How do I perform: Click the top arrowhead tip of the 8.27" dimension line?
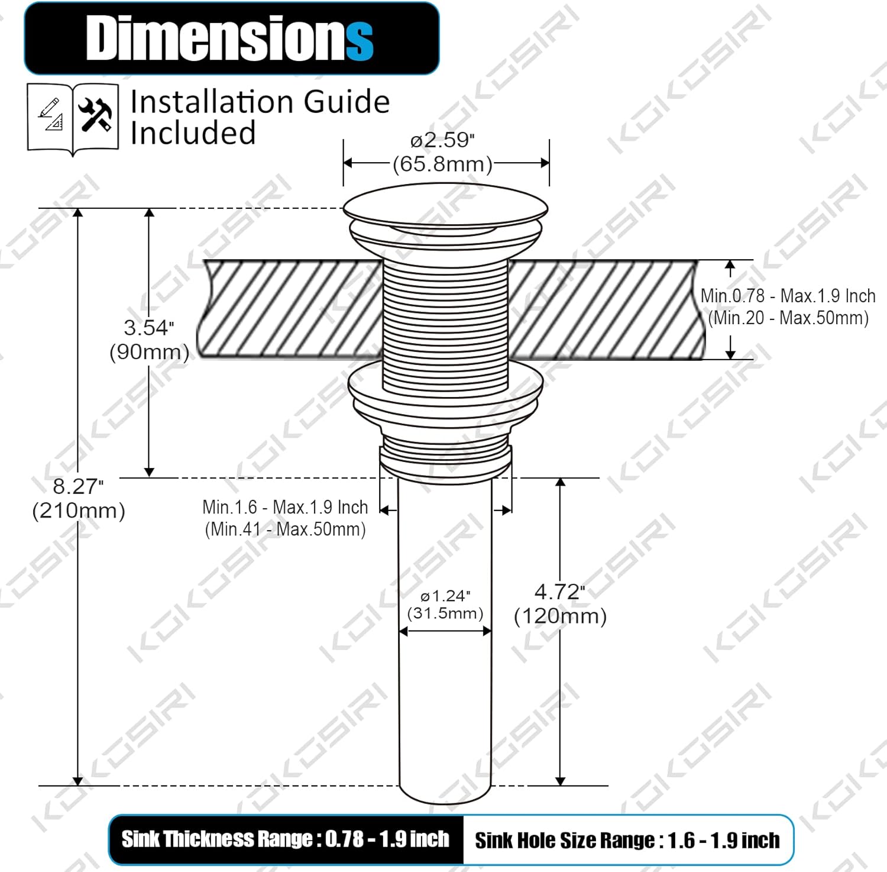[x=77, y=209]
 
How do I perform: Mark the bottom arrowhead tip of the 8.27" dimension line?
[x=77, y=786]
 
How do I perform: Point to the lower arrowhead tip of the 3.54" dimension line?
[x=150, y=477]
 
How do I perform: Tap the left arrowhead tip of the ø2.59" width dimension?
[x=344, y=163]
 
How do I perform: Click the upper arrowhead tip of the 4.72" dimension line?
[x=561, y=478]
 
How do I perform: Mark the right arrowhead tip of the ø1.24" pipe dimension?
[x=491, y=631]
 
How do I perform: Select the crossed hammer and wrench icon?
[x=95, y=115]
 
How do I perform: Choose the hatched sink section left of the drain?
[x=290, y=309]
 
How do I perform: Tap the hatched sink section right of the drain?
[x=607, y=309]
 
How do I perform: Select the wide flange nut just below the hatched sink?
[x=445, y=396]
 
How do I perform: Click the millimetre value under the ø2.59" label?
[x=443, y=164]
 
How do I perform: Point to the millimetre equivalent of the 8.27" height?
[x=79, y=511]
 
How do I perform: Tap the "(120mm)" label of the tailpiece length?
[x=561, y=616]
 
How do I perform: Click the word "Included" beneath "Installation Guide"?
[x=193, y=133]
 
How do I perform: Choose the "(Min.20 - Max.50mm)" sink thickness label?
[x=788, y=318]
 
